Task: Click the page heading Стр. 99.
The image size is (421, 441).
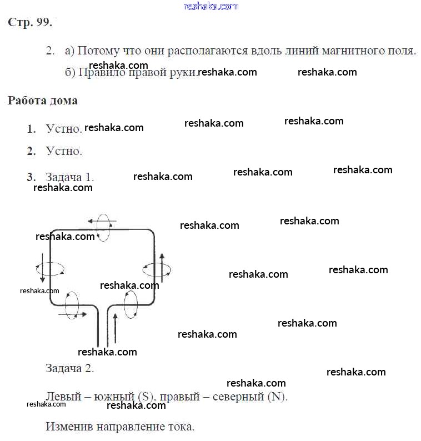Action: pyautogui.click(x=30, y=23)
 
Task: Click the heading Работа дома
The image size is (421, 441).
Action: pyautogui.click(x=42, y=101)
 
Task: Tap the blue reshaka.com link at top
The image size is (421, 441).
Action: pyautogui.click(x=210, y=6)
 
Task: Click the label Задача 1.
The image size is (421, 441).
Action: pyautogui.click(x=69, y=177)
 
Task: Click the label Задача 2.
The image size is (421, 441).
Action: pyautogui.click(x=69, y=368)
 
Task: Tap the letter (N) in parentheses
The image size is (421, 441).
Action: pyautogui.click(x=276, y=397)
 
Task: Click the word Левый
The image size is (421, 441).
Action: pyautogui.click(x=62, y=397)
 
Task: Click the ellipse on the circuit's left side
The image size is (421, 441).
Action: pyautogui.click(x=50, y=269)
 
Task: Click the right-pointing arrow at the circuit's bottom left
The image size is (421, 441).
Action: pyautogui.click(x=72, y=314)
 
